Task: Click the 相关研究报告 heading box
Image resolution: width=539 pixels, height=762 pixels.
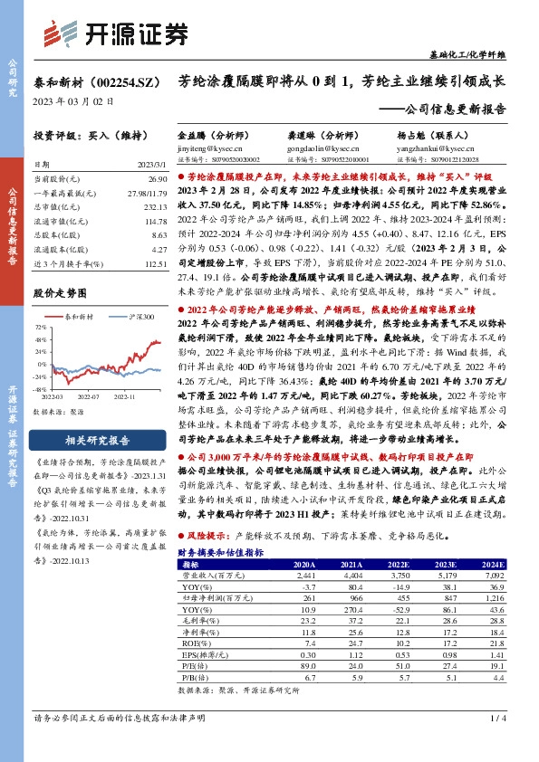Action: [x=94, y=440]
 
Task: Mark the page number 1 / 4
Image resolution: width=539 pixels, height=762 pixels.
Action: [x=497, y=743]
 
